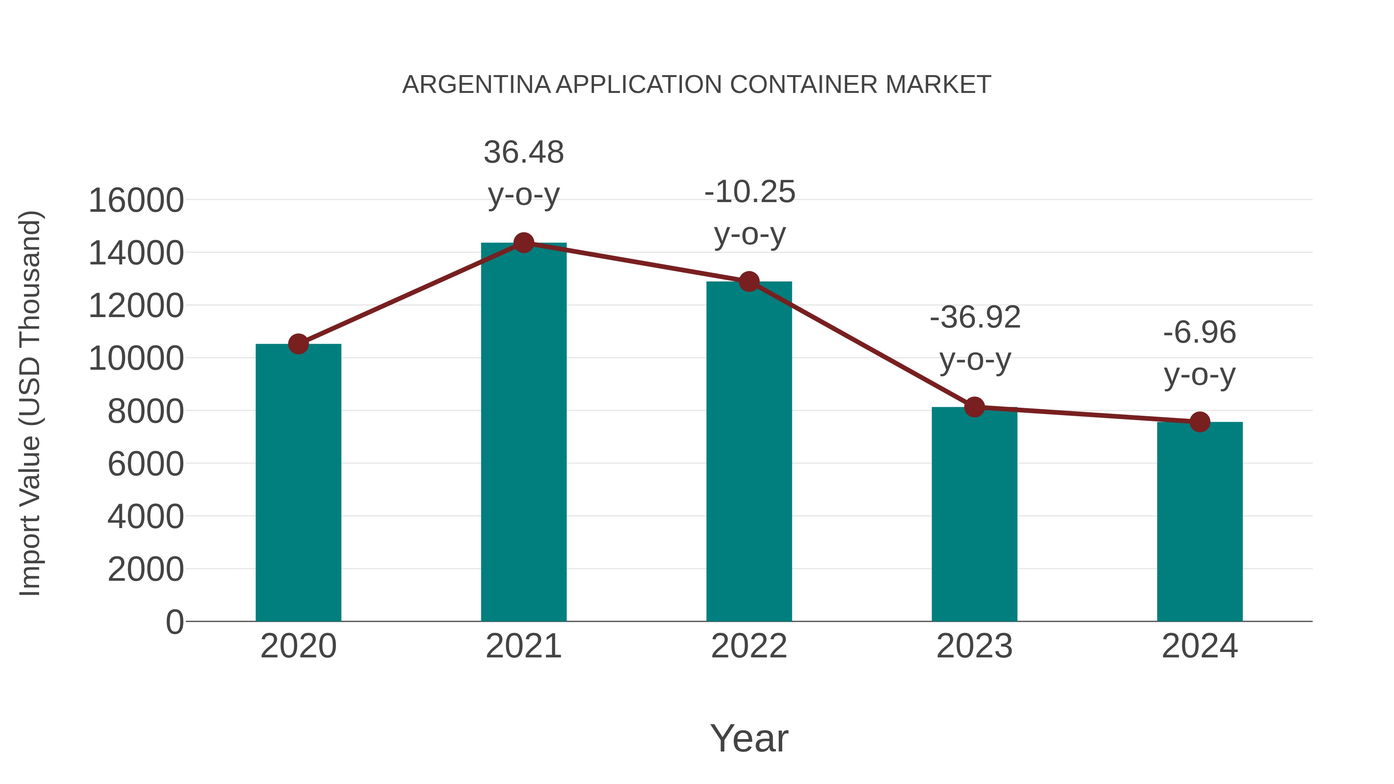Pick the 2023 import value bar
point(974,514)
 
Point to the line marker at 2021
point(523,243)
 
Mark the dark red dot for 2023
point(974,407)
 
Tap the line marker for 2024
point(1200,422)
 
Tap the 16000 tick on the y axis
point(136,201)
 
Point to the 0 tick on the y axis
point(174,622)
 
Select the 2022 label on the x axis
point(749,646)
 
